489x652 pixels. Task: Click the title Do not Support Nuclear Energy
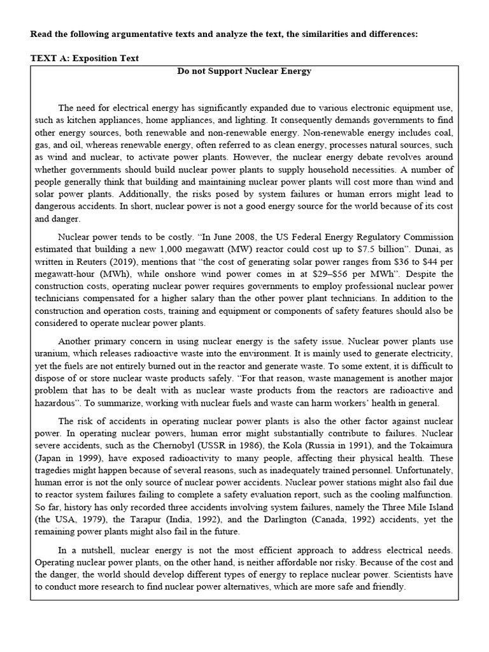pos(244,71)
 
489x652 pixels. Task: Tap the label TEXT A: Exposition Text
pos(85,58)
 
